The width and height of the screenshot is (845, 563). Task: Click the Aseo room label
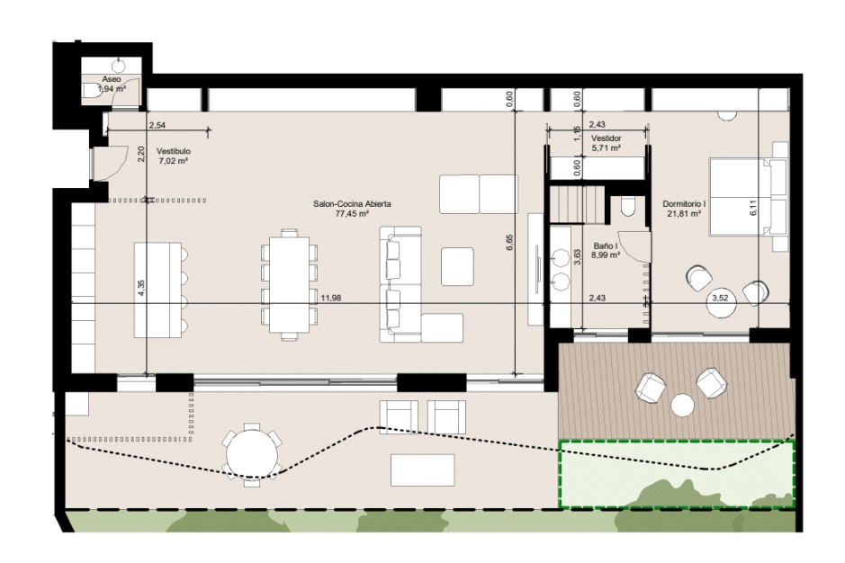coord(112,79)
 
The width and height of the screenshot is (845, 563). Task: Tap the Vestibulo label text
coord(173,151)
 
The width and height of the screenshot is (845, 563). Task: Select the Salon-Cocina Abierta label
coord(352,204)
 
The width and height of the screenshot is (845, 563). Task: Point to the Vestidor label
coord(607,139)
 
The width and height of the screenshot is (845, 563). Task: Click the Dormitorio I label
coord(684,204)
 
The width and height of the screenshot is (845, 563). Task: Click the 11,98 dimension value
coord(331,298)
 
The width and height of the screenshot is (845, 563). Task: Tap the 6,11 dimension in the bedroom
coord(753,208)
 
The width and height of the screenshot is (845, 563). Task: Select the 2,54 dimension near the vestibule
coord(157,126)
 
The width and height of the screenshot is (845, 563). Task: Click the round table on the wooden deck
coord(682,405)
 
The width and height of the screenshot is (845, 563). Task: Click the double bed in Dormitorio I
coord(741,197)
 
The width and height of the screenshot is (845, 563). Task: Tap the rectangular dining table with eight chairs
coord(290,284)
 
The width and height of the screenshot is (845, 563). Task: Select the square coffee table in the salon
coord(457,266)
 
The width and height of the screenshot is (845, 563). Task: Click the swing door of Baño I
coord(634,246)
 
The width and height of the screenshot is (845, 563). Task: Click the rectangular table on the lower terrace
coord(423,469)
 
